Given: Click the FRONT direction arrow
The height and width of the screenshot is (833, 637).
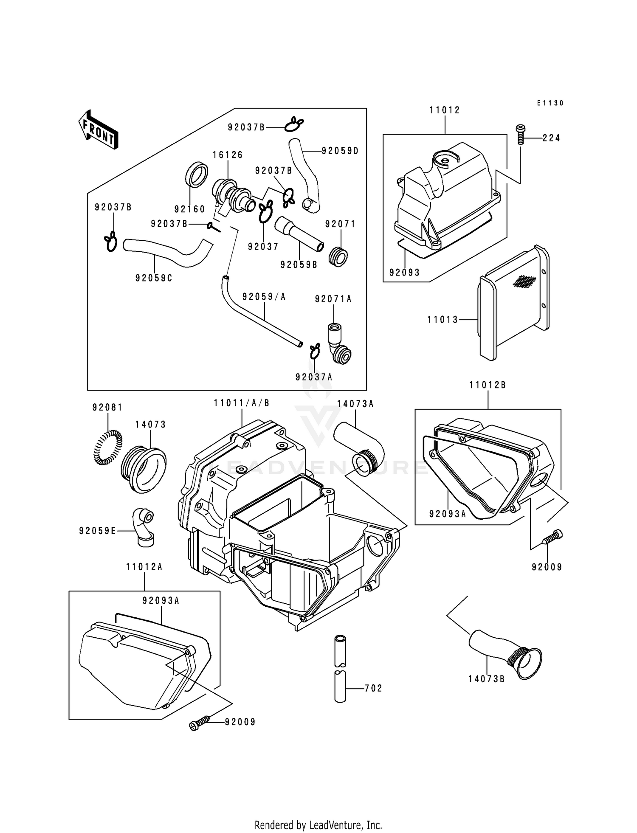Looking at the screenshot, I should (98, 130).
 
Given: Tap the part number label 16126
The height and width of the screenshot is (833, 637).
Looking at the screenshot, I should (228, 155).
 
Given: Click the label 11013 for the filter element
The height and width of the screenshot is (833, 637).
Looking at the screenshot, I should (443, 320).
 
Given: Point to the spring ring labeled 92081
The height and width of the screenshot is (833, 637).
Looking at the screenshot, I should (107, 447).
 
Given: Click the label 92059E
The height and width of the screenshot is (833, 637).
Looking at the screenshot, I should (97, 531).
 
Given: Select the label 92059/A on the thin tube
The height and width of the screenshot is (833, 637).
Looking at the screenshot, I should (264, 297).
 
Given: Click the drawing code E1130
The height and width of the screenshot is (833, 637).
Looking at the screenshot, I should (550, 103).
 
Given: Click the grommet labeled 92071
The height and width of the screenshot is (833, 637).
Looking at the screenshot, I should (338, 256).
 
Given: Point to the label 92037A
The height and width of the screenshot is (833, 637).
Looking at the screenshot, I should (314, 377).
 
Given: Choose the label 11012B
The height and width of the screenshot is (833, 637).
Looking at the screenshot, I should (488, 386).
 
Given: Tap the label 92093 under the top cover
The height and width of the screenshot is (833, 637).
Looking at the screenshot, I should (405, 273).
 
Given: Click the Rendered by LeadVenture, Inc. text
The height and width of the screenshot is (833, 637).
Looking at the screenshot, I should (318, 825).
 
